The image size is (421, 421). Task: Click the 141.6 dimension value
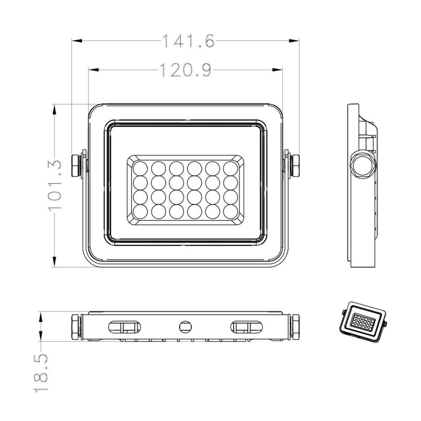click(188, 41)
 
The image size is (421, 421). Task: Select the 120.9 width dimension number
click(185, 70)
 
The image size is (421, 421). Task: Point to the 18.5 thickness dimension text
click(41, 373)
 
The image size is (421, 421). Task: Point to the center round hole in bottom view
click(185, 326)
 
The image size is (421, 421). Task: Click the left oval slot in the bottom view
click(124, 326)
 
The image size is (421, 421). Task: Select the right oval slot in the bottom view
click(246, 326)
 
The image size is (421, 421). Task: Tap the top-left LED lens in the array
click(140, 168)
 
